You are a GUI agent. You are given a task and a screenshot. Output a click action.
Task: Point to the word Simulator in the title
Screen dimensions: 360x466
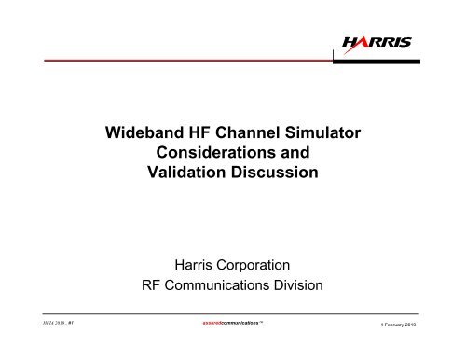click(x=324, y=135)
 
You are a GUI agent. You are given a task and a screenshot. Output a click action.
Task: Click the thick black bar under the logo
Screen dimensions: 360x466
click(x=373, y=58)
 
